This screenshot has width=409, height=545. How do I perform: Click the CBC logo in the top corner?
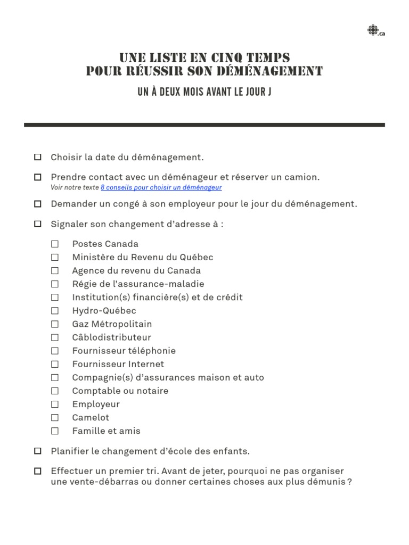click(372, 31)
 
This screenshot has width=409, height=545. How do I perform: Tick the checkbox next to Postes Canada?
click(55, 244)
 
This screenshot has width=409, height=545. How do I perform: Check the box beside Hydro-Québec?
click(55, 311)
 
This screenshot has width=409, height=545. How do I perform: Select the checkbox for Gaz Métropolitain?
click(55, 324)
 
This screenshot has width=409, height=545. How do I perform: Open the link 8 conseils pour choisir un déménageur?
click(161, 187)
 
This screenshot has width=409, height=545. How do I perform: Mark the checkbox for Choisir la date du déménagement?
click(38, 157)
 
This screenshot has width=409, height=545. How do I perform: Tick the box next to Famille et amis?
click(55, 431)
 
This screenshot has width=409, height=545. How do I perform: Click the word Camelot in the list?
click(91, 417)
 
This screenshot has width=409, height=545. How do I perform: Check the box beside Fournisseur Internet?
click(55, 364)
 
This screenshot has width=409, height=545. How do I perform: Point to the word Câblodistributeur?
click(111, 337)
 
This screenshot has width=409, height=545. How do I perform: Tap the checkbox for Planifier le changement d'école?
click(38, 451)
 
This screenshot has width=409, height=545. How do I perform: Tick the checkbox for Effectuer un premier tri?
click(38, 471)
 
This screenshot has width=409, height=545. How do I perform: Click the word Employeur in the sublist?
click(96, 404)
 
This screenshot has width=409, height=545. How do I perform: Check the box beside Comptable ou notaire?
click(55, 391)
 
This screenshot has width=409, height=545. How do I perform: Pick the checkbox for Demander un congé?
click(38, 204)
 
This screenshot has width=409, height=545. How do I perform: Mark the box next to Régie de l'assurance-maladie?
click(55, 284)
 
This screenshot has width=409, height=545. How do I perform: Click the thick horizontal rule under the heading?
click(204, 125)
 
